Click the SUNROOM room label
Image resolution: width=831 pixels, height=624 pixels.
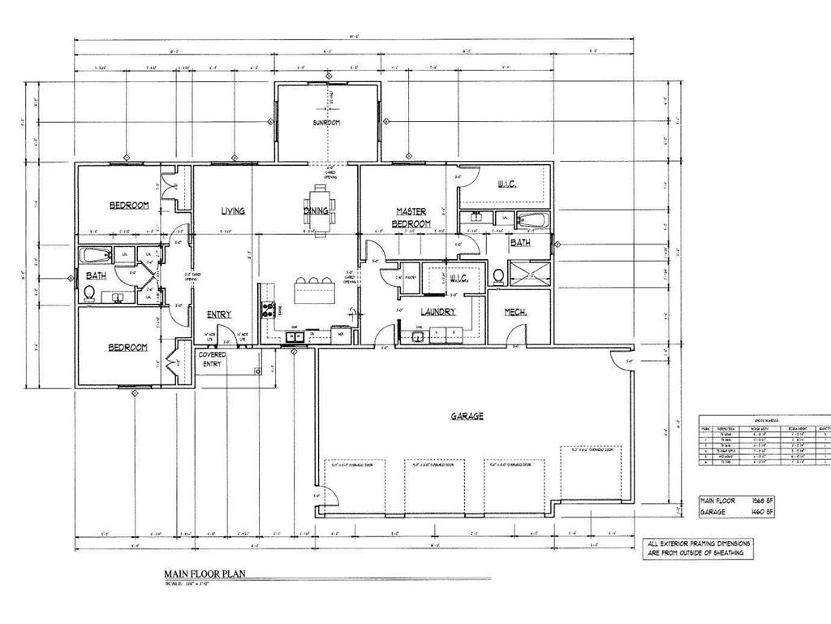pyautogui.click(x=327, y=123)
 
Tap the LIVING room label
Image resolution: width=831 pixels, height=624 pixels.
pyautogui.click(x=233, y=211)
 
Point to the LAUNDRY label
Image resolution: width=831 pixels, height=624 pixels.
pyautogui.click(x=438, y=312)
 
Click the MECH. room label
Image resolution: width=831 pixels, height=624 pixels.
pyautogui.click(x=516, y=312)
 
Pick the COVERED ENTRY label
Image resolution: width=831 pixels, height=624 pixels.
pyautogui.click(x=212, y=360)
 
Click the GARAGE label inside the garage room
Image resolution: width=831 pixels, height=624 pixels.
pyautogui.click(x=467, y=416)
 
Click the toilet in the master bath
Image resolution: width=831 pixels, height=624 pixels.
pyautogui.click(x=498, y=276)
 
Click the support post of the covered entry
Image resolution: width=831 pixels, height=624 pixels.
pyautogui.click(x=258, y=371)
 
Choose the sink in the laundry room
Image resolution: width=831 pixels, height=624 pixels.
pyautogui.click(x=420, y=334)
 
